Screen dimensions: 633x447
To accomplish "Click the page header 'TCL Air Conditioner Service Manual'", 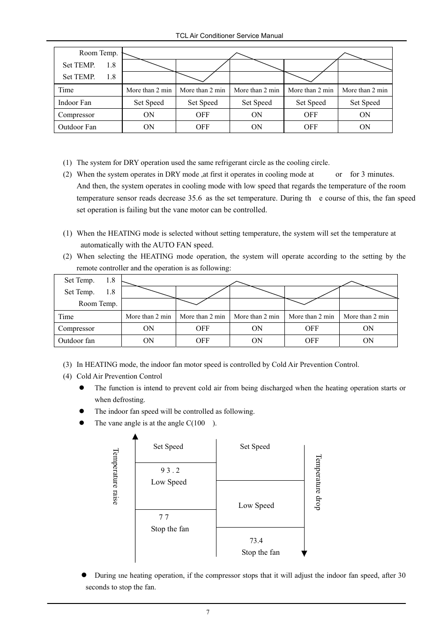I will (x=229, y=36).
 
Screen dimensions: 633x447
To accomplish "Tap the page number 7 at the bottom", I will (x=208, y=612).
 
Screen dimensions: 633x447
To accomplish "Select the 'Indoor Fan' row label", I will (x=74, y=103).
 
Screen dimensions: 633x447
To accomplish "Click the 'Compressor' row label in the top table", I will (x=76, y=115).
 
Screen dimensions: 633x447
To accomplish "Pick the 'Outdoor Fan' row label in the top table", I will (x=77, y=127).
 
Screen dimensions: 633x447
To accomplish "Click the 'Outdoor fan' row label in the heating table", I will (x=76, y=341).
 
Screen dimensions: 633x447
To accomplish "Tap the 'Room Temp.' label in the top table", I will (x=98, y=53).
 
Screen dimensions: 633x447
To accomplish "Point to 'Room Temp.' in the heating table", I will (x=97, y=304).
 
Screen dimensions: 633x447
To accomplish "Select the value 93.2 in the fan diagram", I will (x=170, y=470).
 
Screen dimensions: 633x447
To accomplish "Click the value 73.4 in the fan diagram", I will (x=256, y=541).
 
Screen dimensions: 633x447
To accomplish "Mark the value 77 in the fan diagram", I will (x=164, y=517).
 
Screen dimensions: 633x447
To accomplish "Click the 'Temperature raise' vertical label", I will (x=115, y=477).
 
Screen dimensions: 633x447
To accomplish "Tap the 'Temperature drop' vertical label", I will (x=318, y=482).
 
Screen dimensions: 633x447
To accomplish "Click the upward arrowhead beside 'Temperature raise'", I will (x=135, y=437).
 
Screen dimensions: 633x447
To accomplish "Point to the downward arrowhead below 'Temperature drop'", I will (x=304, y=553).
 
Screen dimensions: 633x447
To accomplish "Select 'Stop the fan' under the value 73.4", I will (x=261, y=552).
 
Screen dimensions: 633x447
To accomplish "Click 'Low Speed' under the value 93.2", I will (x=169, y=482).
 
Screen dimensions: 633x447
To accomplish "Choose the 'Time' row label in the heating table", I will (x=66, y=317).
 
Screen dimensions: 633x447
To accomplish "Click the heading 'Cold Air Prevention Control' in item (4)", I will (x=119, y=376).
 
